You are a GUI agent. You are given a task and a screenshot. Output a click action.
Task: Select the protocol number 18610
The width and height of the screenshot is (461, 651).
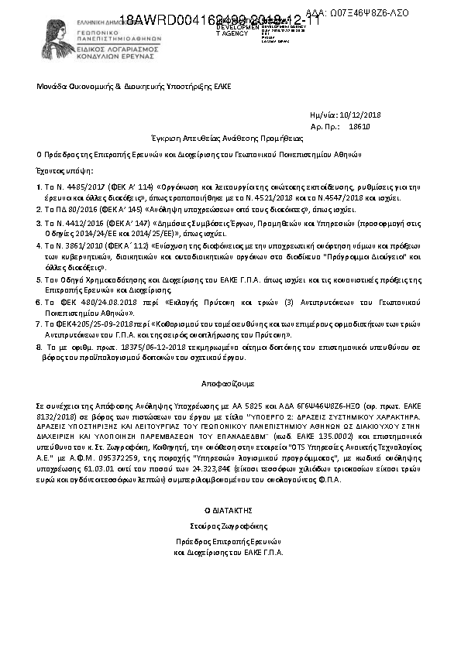click(360, 125)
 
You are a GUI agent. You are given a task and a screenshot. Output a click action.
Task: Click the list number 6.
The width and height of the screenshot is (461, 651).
click(39, 300)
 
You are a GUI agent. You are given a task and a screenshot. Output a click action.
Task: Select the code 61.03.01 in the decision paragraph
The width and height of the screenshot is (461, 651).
click(83, 459)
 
